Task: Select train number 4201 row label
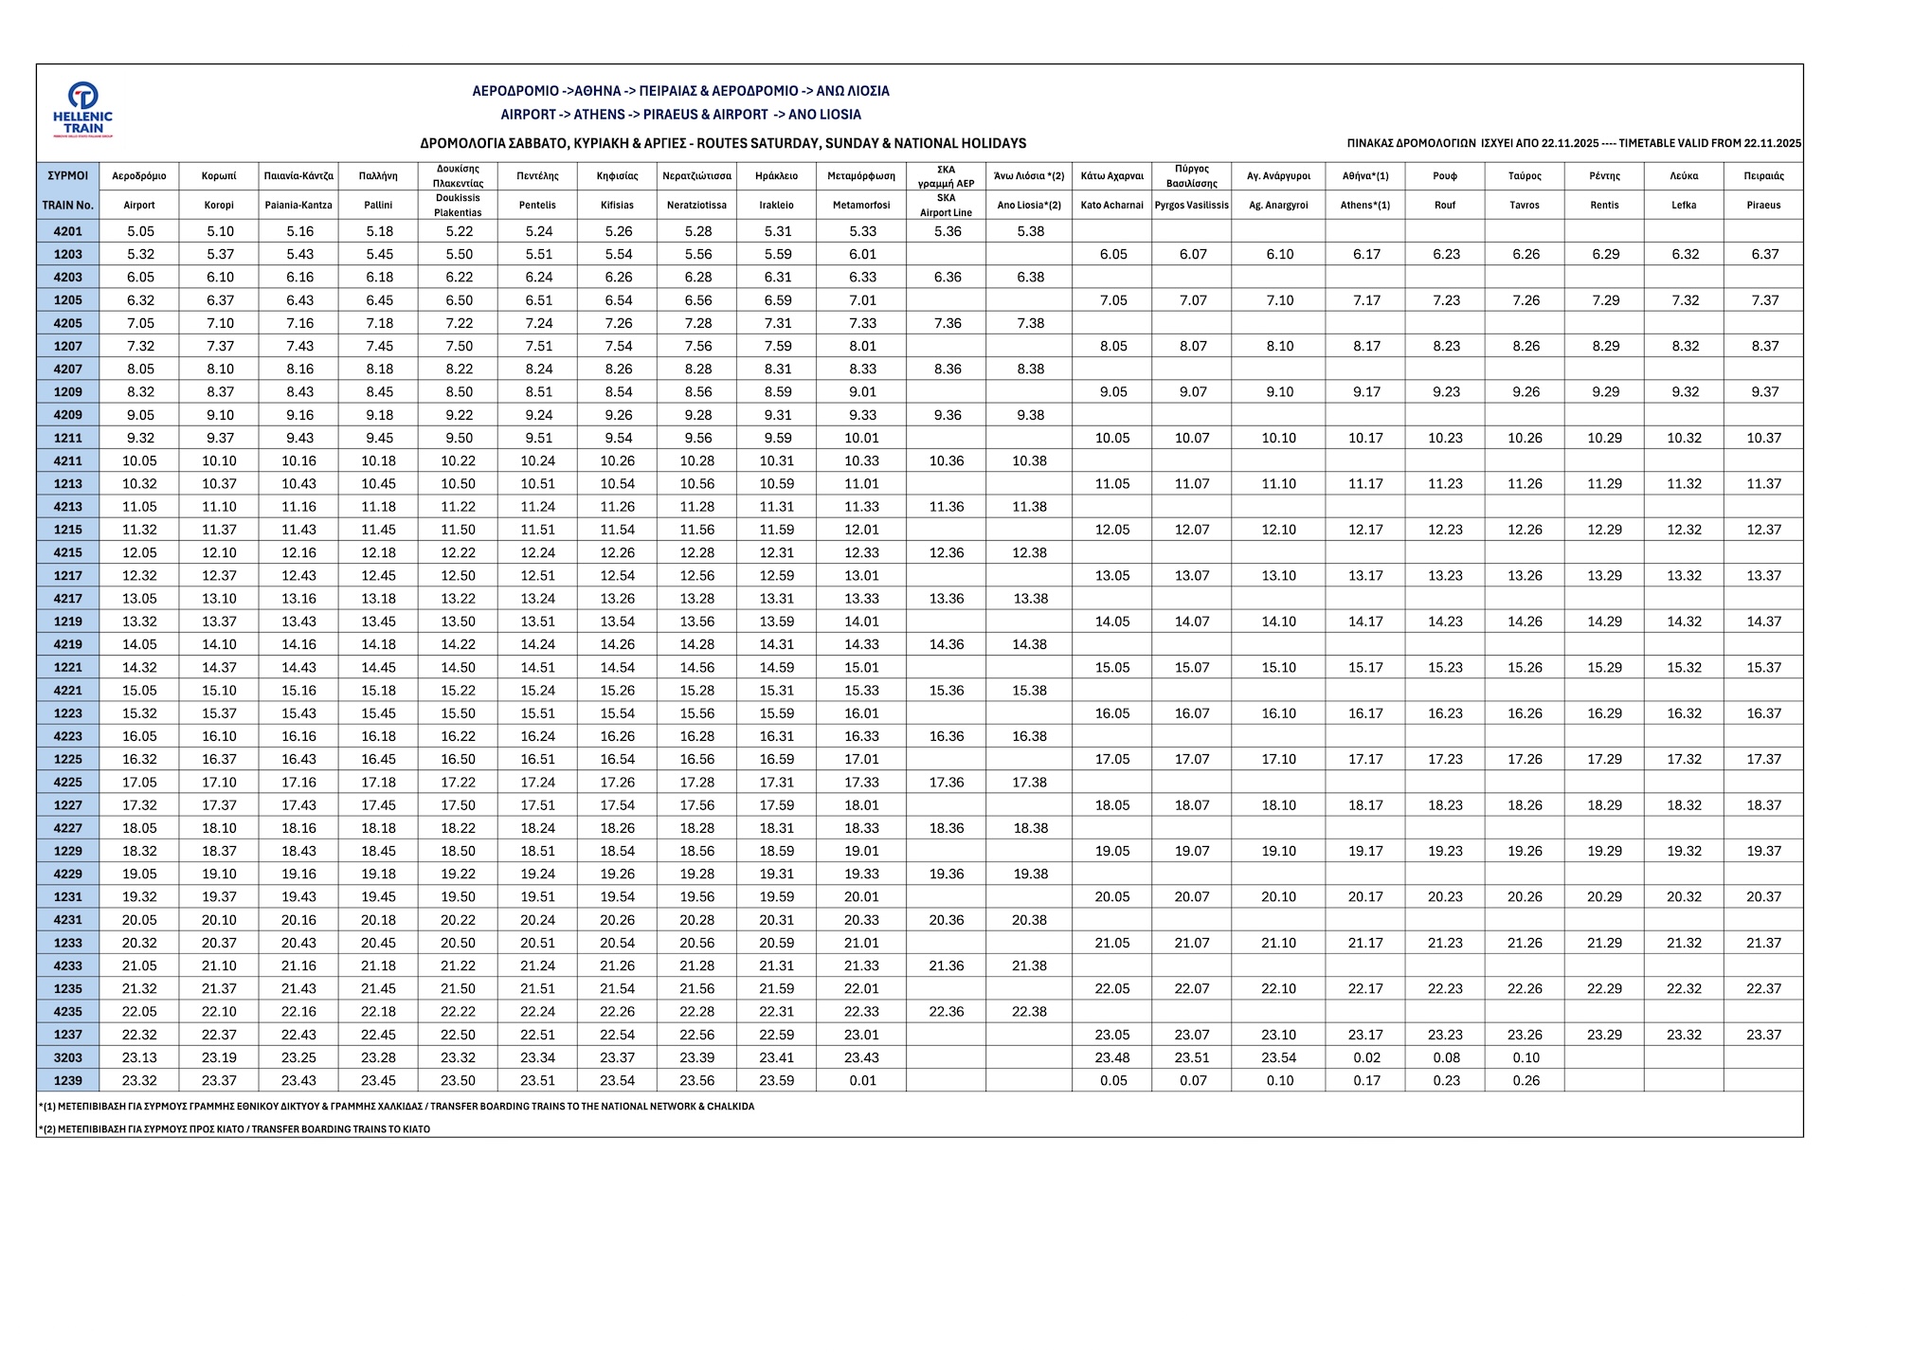coord(67,231)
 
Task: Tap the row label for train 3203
coord(67,1057)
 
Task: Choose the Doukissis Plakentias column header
coord(459,190)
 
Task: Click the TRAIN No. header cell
coord(67,205)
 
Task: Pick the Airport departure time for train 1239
coord(140,1080)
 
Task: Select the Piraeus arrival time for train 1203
coord(1764,254)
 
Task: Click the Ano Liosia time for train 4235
coord(1029,1011)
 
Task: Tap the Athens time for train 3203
coord(1366,1057)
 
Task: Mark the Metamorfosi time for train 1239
coord(862,1080)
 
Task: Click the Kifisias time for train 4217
coord(618,598)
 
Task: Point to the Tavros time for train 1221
coord(1525,667)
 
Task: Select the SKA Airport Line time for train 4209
coord(947,415)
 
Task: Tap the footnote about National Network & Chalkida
coord(397,1106)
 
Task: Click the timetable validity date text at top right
coord(1574,144)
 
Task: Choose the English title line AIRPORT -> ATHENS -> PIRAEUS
coord(680,115)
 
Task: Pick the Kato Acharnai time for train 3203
coord(1112,1057)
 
